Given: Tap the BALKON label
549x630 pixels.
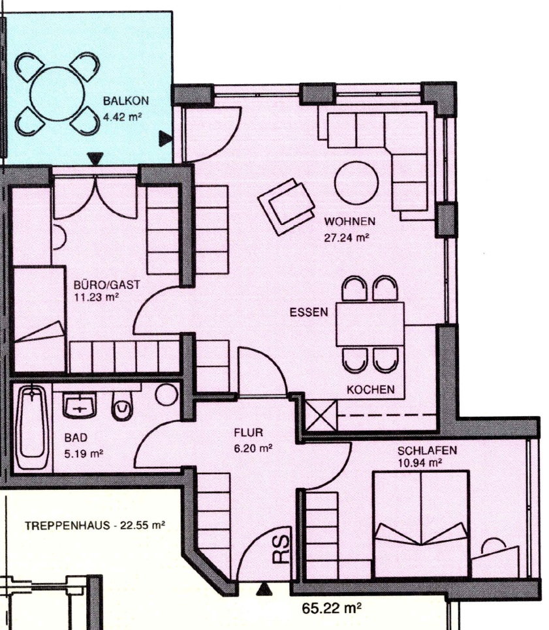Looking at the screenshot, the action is pos(126,100).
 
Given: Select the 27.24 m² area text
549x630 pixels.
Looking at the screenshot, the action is pos(347,237).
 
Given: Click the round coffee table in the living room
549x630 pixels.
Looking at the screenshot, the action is pos(356,183).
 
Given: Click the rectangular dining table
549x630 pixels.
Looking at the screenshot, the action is pos(370,324).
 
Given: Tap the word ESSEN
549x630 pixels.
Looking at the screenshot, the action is pos(309,312).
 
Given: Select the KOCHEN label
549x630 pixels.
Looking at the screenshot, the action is pos(370,389).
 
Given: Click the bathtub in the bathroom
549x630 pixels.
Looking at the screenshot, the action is pos(32,427).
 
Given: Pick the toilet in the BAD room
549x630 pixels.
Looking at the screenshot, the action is pos(122,406).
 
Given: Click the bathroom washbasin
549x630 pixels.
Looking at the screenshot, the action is pos(80,405).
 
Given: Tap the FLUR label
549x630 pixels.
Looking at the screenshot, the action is pos(249,433).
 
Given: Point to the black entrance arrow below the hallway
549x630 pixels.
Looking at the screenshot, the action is pos(264,589).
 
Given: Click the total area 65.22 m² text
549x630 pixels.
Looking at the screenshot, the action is pos(332,608).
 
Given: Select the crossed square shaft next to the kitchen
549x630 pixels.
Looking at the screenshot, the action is pos(321,415).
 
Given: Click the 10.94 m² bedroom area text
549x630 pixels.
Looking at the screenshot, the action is pos(420,463).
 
